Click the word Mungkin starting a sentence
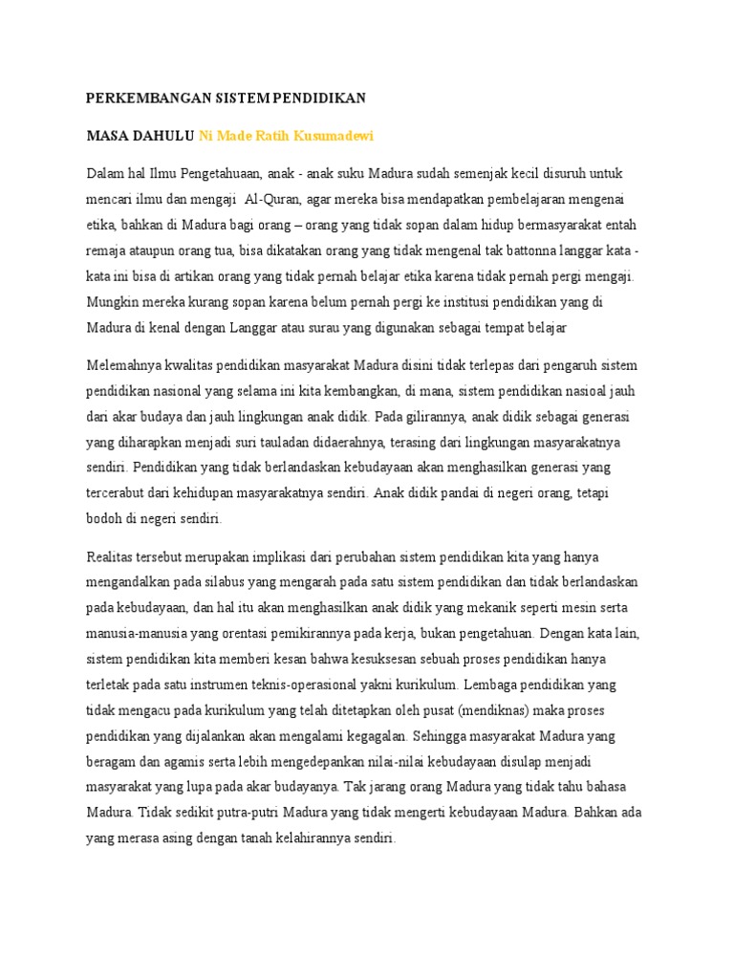tap(114, 302)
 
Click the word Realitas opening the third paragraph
tap(114, 556)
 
